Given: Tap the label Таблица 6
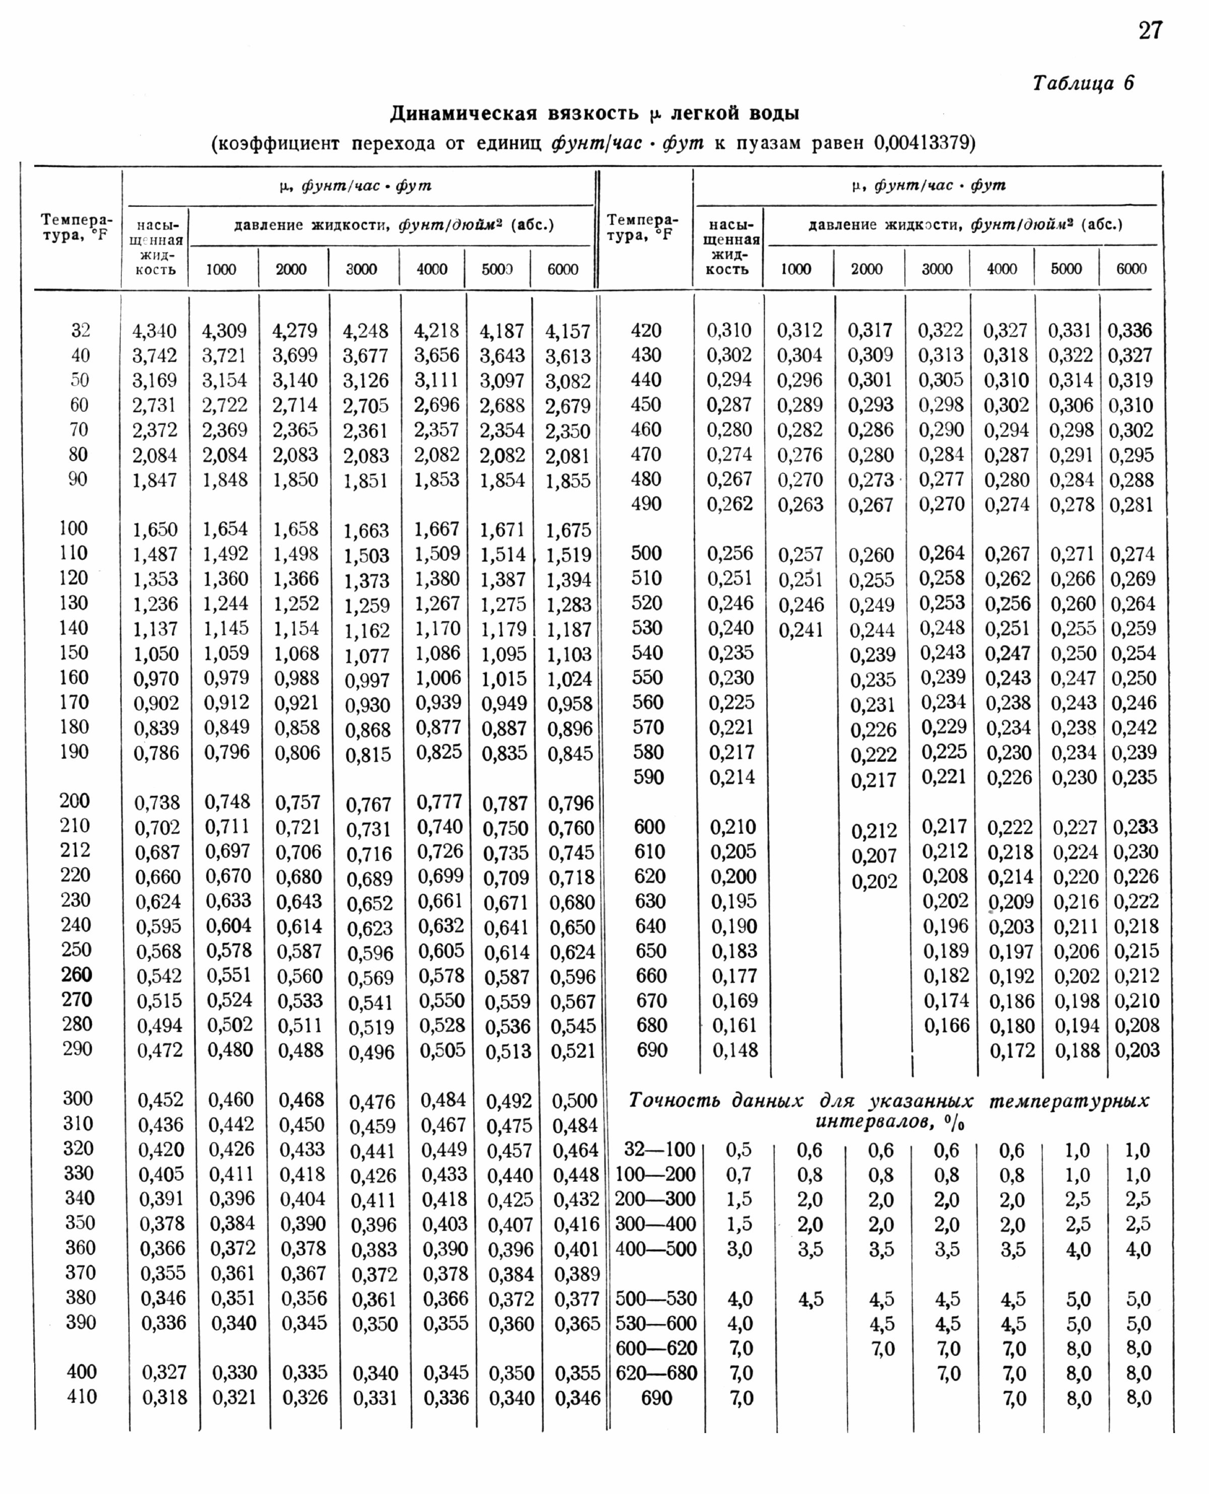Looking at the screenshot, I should [1083, 84].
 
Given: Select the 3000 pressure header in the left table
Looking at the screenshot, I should [362, 269].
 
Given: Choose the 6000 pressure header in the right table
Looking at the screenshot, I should [1131, 269].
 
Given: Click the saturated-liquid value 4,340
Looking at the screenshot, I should [155, 331].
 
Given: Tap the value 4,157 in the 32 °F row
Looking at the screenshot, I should [568, 331].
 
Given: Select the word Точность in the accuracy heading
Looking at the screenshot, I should [674, 1101].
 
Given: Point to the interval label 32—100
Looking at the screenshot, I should [655, 1150].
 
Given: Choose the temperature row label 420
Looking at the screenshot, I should [646, 331].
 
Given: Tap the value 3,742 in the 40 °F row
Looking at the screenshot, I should [155, 355].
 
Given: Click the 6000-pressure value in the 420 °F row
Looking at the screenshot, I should [1130, 331].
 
